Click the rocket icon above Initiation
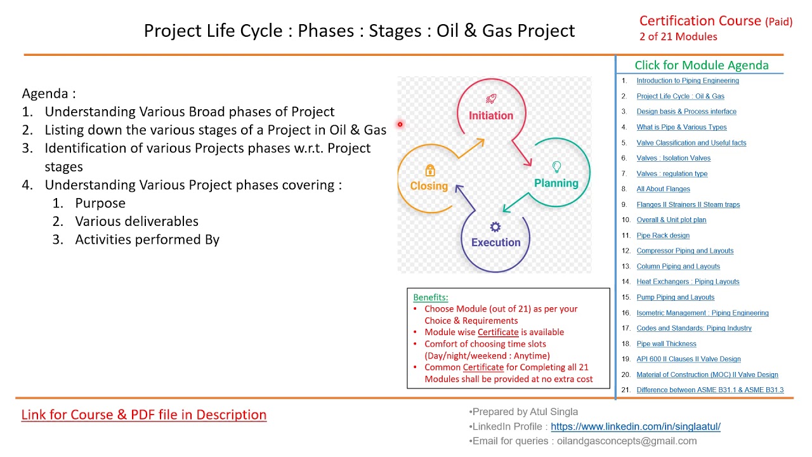click(491, 99)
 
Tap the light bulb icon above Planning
click(556, 167)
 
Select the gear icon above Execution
click(495, 227)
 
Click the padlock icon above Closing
click(430, 170)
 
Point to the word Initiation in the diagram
click(490, 116)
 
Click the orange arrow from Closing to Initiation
click(471, 148)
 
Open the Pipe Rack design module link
click(663, 235)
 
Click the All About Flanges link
click(663, 189)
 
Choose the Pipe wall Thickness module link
click(666, 344)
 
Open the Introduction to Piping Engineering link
click(688, 81)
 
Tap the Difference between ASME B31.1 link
click(710, 390)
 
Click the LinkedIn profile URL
click(635, 427)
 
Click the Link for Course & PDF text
click(144, 415)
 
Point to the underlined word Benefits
click(430, 297)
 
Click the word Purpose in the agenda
click(100, 203)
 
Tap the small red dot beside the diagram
click(400, 124)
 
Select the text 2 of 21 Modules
click(678, 37)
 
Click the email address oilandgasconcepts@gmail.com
click(627, 441)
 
